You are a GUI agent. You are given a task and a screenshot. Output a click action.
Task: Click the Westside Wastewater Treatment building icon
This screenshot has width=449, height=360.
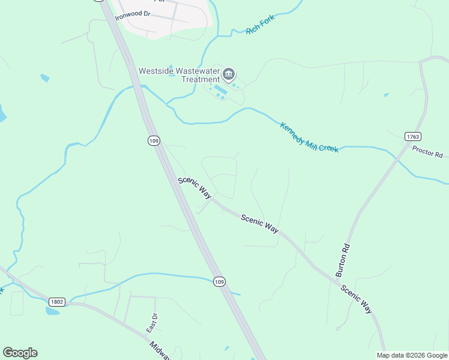(229, 75)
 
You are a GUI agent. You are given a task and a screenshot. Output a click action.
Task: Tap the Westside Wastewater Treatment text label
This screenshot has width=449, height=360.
(179, 75)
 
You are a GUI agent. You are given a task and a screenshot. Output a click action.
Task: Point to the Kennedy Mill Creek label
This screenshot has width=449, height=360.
(309, 137)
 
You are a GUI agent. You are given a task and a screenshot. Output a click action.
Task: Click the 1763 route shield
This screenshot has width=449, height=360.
(412, 137)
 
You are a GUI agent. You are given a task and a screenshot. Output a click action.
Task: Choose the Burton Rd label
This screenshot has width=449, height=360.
(342, 259)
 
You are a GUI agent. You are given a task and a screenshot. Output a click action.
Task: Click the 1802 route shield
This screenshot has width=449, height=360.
(57, 301)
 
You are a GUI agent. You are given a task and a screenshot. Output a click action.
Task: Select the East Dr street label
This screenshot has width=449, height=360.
(152, 323)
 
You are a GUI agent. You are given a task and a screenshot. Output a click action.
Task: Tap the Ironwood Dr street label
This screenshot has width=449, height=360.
(133, 13)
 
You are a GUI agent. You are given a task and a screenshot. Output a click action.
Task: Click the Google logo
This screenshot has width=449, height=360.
(20, 353)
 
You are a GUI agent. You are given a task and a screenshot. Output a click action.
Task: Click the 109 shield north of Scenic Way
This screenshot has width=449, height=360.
(154, 140)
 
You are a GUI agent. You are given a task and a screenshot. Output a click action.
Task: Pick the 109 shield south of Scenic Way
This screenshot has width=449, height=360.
(220, 281)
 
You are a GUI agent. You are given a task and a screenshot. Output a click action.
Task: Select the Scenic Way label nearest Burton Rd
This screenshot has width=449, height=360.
(357, 299)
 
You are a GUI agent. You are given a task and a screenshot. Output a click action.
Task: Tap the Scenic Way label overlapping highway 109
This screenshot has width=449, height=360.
(195, 188)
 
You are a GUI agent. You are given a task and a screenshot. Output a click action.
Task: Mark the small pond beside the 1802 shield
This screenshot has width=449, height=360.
(52, 311)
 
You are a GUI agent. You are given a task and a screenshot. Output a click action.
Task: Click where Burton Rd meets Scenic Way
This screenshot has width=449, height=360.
(334, 277)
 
